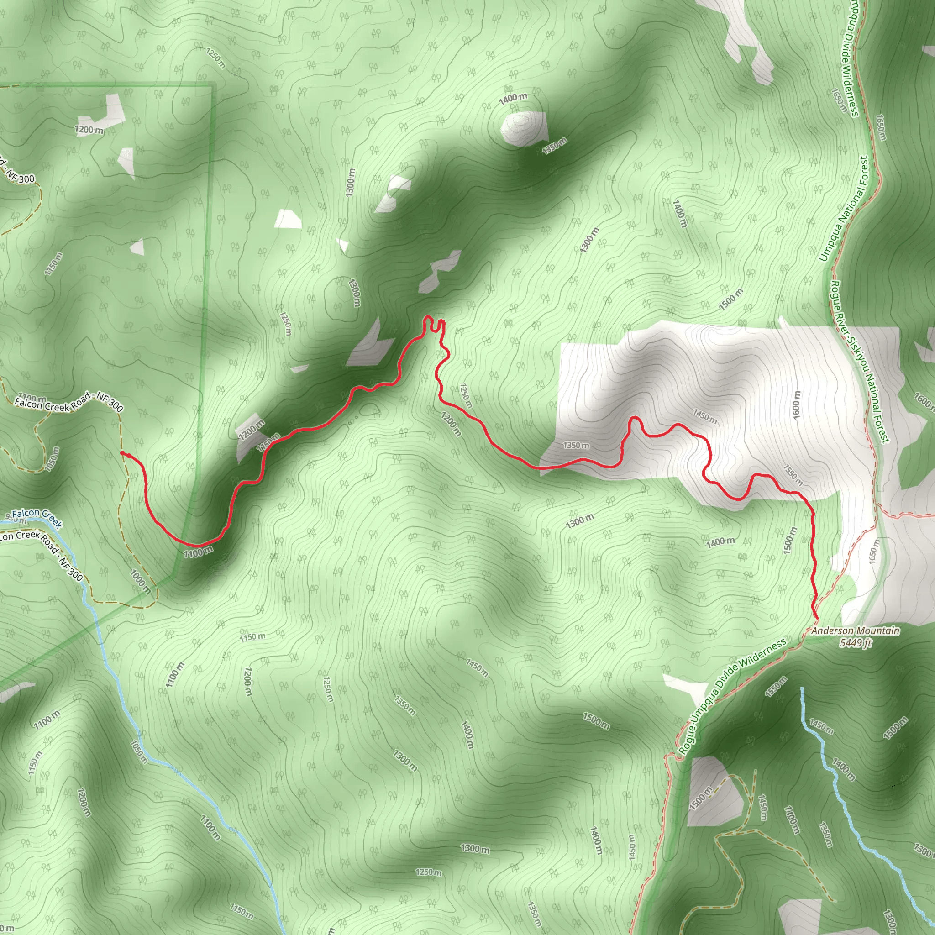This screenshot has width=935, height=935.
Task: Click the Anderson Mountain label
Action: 855,630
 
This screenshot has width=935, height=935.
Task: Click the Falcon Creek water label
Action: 37,516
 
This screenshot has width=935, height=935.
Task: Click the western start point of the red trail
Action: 122,452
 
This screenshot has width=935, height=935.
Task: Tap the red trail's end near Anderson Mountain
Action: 817,618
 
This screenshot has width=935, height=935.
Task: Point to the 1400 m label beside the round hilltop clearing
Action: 513,97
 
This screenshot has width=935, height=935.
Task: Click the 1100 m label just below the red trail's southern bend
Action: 198,551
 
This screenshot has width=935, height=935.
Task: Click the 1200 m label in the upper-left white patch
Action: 89,130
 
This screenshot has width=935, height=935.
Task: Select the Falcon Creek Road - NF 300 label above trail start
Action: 69,402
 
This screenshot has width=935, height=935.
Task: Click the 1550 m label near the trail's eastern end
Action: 793,475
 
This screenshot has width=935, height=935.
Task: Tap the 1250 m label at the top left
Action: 215,58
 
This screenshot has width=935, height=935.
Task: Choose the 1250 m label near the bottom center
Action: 428,872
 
